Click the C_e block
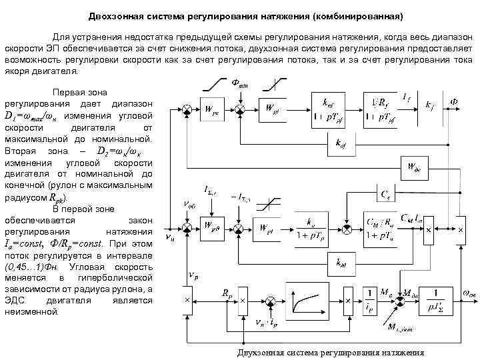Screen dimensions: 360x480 [385, 193]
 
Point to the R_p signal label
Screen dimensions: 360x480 [227, 292]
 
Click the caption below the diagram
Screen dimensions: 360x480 [331, 352]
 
